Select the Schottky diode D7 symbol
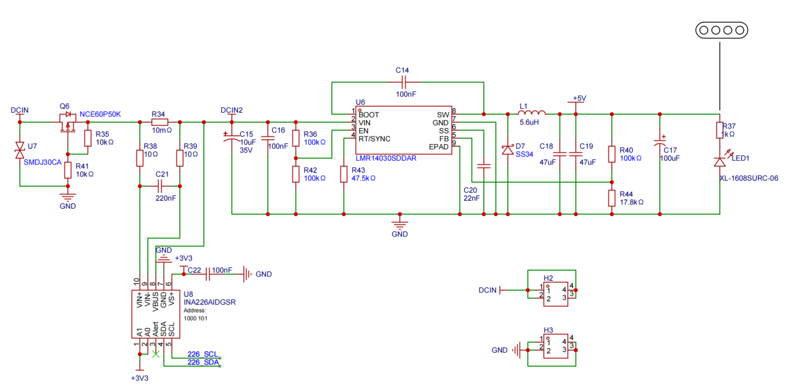point(508,149)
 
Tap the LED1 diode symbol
point(719,161)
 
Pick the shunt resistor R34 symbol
point(159,122)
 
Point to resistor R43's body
point(344,174)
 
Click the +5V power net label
point(579,99)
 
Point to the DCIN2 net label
point(231,109)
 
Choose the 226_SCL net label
point(203,354)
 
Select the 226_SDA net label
point(203,362)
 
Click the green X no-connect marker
point(156,354)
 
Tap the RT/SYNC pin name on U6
point(375,138)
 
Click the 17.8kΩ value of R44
point(632,202)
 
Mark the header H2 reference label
point(548,277)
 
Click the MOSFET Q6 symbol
point(65,123)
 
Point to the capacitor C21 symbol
point(160,186)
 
